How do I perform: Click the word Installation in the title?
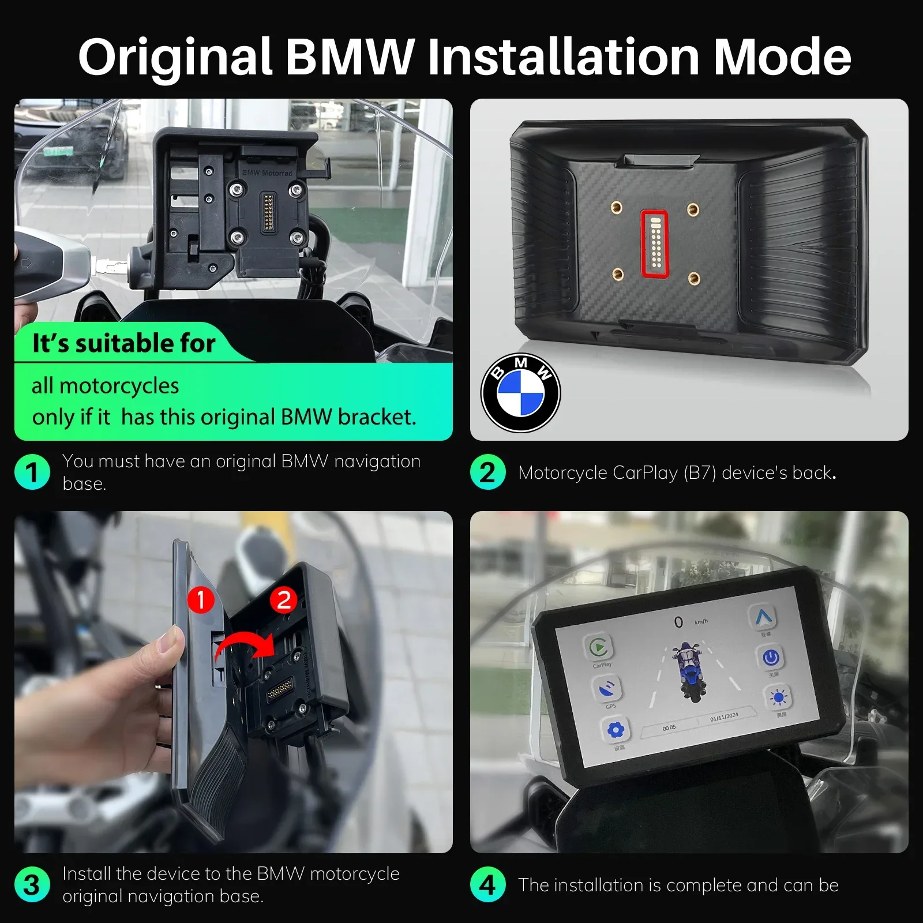(x=563, y=57)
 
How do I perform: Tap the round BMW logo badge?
(x=520, y=393)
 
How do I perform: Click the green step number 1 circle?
(x=32, y=472)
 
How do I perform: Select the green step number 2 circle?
(x=488, y=472)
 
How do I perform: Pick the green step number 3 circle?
(x=32, y=884)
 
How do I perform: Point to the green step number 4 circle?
(x=488, y=884)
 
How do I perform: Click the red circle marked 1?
(x=201, y=600)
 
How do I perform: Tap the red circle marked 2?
(x=284, y=600)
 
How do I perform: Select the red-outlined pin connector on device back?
(x=655, y=243)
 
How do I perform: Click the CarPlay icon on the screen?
(x=599, y=647)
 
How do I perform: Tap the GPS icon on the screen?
(x=607, y=689)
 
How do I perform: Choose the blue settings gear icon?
(x=616, y=730)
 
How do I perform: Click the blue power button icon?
(x=771, y=657)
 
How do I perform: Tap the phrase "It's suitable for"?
(x=123, y=343)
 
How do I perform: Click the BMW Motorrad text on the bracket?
(x=267, y=172)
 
